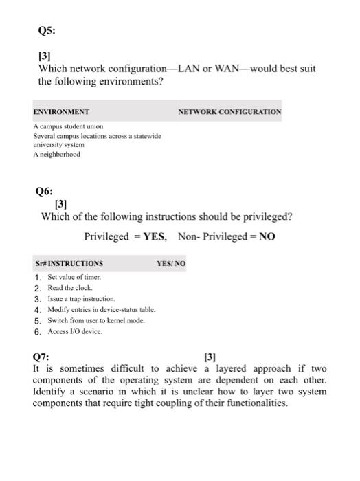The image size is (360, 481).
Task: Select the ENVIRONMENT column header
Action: coord(61,111)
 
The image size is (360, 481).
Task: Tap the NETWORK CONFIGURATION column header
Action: coord(229,111)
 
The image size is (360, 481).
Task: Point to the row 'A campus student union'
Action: coord(68,127)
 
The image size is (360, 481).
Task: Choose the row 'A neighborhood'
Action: coord(56,155)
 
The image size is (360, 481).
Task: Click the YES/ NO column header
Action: coord(171,264)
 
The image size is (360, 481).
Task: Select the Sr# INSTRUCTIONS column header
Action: coord(69,264)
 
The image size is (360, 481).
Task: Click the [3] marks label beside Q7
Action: coord(211,357)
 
